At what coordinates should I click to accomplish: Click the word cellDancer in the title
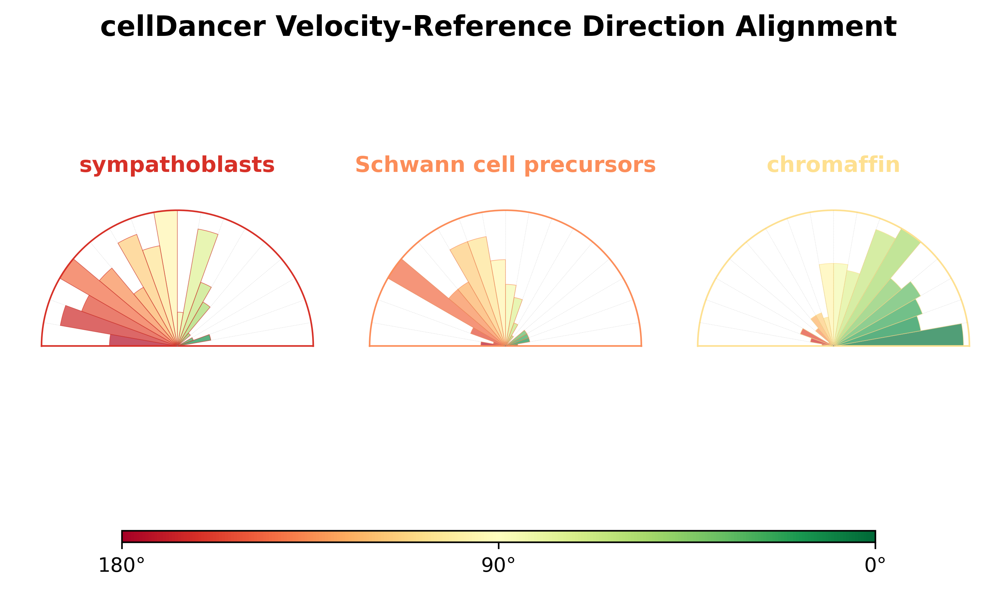click(x=183, y=27)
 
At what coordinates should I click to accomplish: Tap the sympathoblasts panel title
click(x=177, y=165)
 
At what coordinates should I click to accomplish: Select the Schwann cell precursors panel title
click(x=505, y=165)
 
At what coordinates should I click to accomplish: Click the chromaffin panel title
click(x=833, y=165)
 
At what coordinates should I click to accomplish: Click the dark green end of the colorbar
click(x=870, y=536)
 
